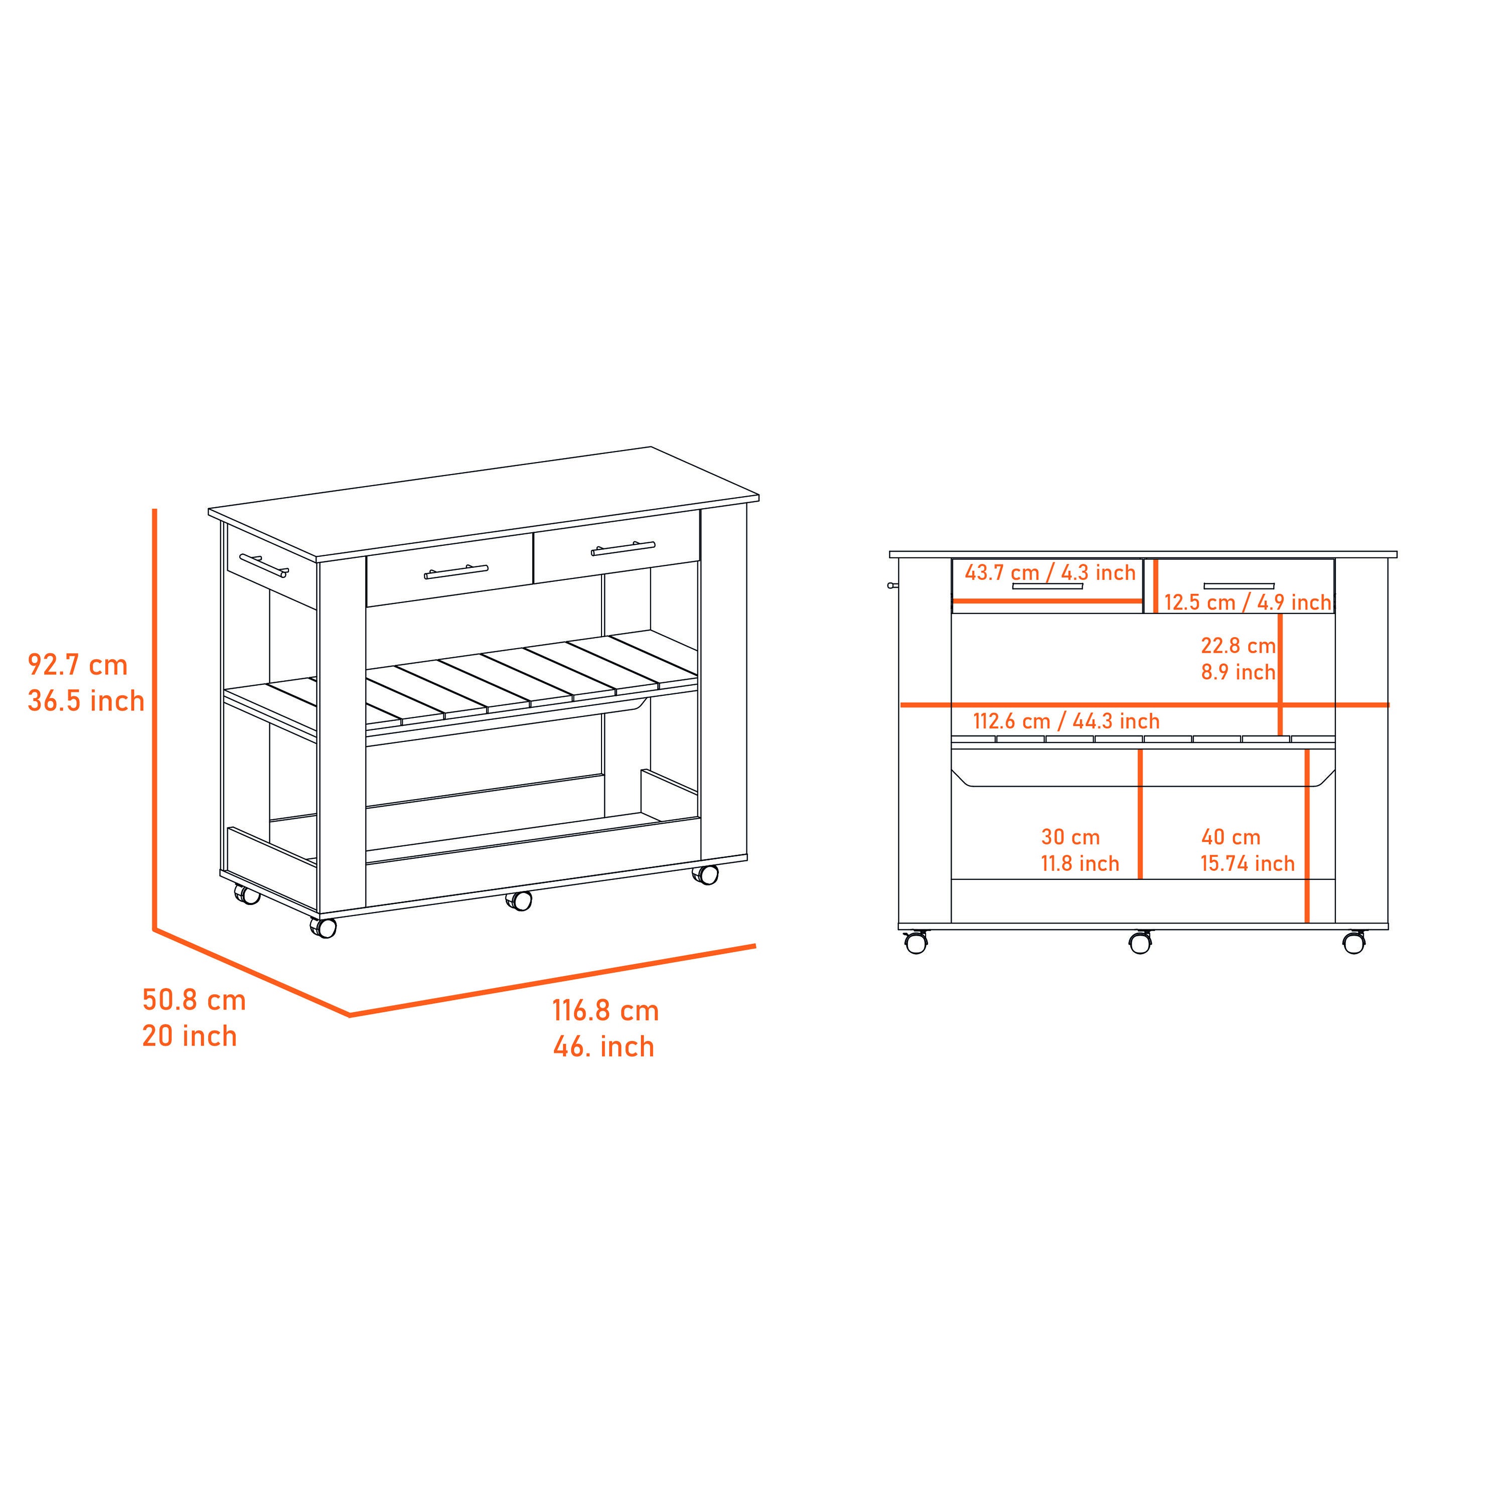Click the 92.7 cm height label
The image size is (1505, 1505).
pos(78,665)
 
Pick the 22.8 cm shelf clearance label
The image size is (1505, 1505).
pos(1238,646)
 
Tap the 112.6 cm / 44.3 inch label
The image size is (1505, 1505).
pos(1067,721)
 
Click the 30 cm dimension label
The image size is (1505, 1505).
pos(1071,837)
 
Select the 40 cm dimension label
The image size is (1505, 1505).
pos(1231,837)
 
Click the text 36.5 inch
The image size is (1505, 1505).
pos(86,701)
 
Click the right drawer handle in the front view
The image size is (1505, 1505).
pos(1239,586)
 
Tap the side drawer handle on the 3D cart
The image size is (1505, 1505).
pos(264,565)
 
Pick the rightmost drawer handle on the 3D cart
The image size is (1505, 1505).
pos(623,548)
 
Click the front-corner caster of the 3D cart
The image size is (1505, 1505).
pos(323,927)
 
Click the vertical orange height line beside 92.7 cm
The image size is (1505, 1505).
pos(155,719)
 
